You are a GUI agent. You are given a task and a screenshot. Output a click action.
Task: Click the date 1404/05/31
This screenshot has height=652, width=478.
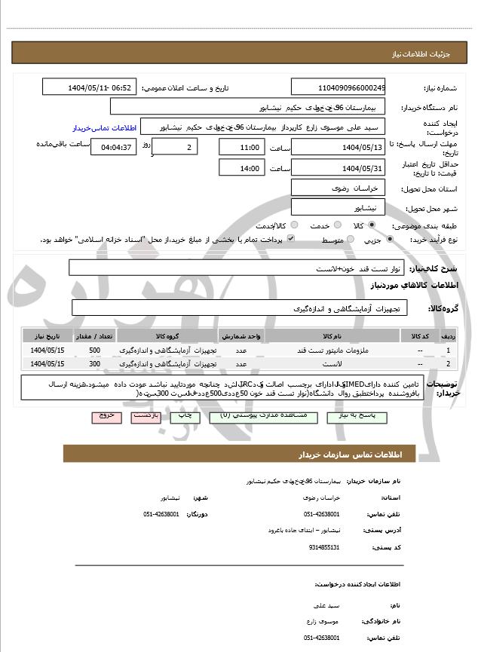point(338,168)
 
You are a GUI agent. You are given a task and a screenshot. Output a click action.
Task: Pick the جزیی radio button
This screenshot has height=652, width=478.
point(389,240)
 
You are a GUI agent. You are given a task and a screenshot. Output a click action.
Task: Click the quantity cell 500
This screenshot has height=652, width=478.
point(94,350)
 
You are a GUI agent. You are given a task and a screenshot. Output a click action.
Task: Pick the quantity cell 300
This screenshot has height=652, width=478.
point(94,364)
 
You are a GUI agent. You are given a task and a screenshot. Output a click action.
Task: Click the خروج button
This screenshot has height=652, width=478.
point(106,416)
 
